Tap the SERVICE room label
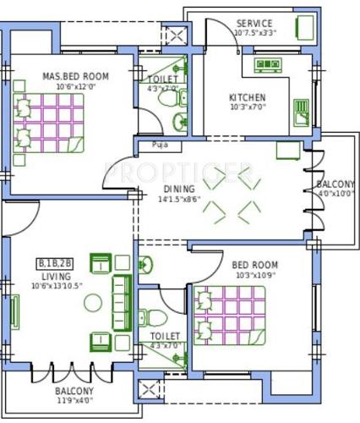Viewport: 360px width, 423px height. coord(254,23)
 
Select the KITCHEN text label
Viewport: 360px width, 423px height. coord(248,97)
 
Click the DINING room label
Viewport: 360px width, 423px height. coord(179,189)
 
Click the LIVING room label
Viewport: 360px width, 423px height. coord(55,276)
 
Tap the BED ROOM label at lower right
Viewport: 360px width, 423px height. coord(254,265)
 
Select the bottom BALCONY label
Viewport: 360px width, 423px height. coord(75,392)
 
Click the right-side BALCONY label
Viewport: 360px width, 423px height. coord(335,184)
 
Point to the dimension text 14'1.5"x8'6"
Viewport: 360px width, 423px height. coord(178,200)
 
